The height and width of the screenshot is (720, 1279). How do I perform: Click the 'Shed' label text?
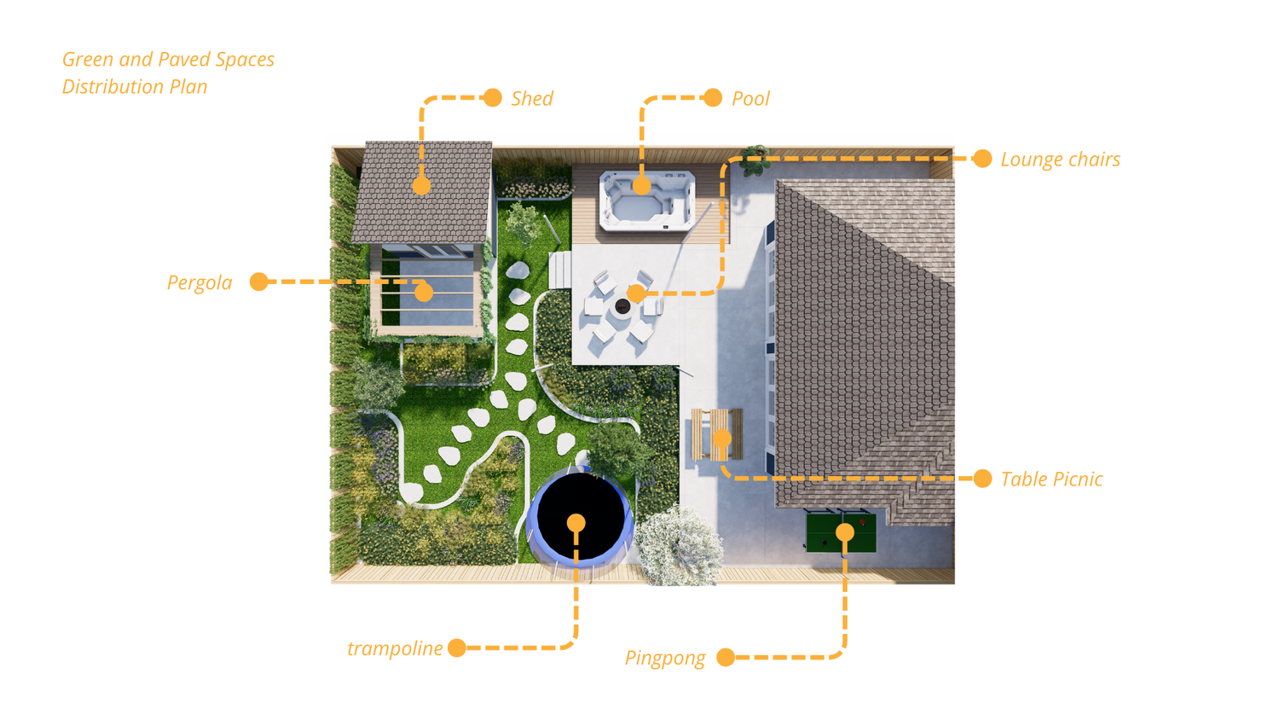tap(532, 99)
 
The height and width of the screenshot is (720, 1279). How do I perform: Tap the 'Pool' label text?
tap(750, 99)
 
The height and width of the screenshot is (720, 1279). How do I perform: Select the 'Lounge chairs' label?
tap(1060, 160)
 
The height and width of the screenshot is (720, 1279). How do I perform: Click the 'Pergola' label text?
tap(200, 283)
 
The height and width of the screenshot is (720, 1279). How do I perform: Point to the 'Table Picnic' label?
tap(1051, 479)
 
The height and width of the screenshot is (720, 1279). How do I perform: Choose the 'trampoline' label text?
tap(395, 648)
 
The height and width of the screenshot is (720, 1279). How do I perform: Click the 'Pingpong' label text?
tap(665, 659)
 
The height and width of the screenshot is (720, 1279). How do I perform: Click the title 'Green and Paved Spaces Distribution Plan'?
tap(168, 73)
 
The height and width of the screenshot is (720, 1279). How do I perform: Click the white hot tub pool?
tap(647, 201)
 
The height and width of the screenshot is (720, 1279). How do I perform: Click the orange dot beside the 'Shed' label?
tap(493, 97)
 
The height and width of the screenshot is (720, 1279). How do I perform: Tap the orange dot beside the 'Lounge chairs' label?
tap(982, 159)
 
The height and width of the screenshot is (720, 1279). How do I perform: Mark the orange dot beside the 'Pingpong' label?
tap(726, 657)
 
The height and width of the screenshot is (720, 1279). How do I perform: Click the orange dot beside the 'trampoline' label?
tap(457, 647)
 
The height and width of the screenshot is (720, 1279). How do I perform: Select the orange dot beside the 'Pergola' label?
tap(259, 282)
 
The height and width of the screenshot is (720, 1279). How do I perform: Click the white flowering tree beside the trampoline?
tap(680, 547)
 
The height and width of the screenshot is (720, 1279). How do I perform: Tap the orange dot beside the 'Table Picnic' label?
tap(982, 479)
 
